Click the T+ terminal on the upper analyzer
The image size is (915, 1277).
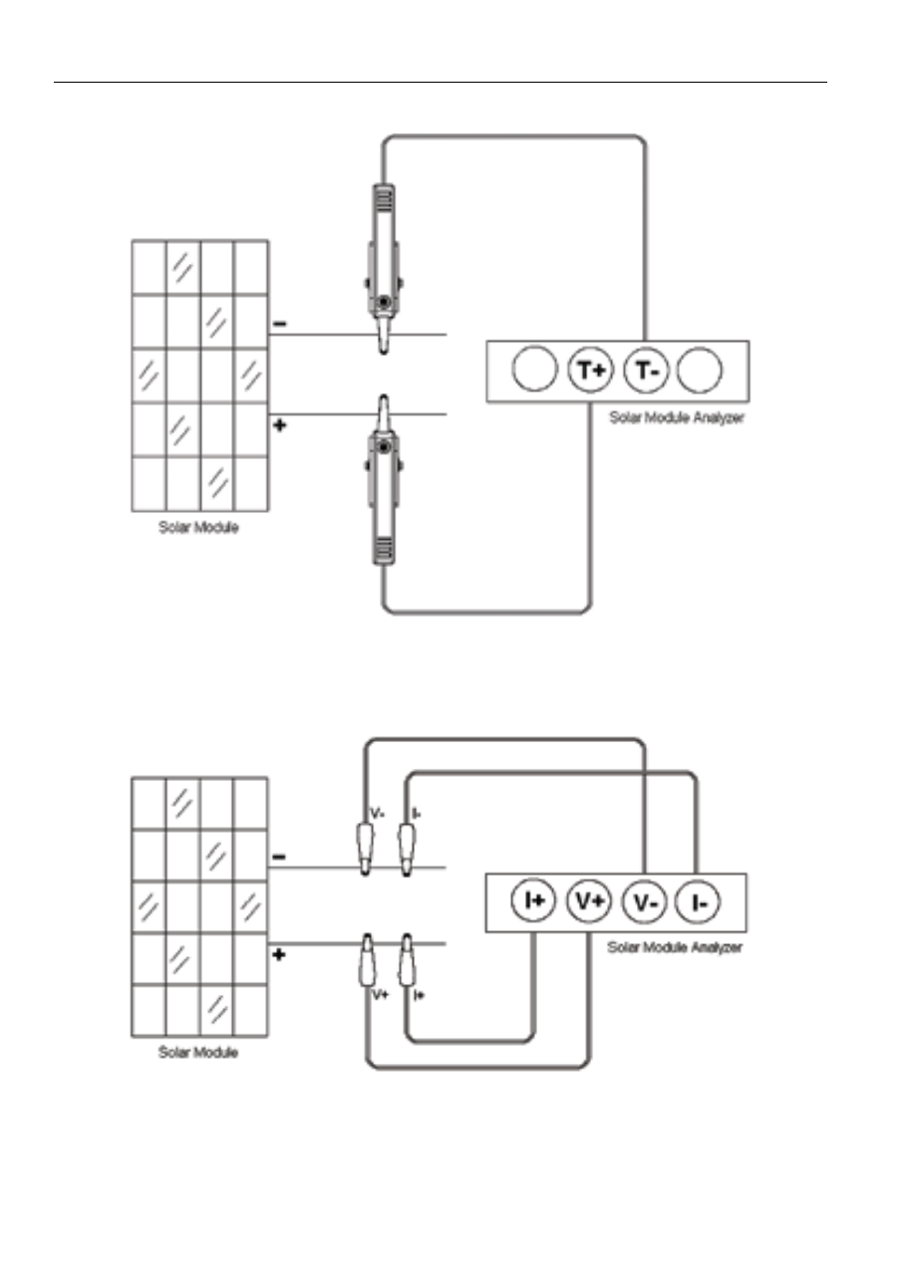tap(590, 370)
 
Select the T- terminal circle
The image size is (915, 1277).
tap(646, 370)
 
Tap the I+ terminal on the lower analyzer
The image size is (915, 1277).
tap(533, 900)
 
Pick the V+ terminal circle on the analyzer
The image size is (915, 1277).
tap(589, 900)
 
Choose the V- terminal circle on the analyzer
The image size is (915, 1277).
tap(644, 901)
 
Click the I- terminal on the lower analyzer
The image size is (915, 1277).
tap(698, 901)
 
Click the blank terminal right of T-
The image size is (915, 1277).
tap(700, 370)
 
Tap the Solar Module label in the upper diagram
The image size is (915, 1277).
tap(198, 527)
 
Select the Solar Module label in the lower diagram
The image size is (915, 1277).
tap(198, 1052)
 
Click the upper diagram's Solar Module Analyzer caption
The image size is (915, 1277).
tap(677, 418)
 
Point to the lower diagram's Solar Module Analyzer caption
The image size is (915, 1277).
tap(674, 947)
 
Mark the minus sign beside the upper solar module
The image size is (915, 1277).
tap(279, 324)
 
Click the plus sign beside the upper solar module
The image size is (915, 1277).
tap(279, 425)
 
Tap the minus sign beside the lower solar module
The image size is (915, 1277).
tap(278, 857)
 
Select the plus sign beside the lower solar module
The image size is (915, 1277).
tap(278, 955)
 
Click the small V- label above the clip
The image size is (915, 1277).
tap(377, 814)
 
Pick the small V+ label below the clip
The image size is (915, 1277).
tap(380, 995)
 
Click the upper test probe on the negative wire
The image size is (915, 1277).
tap(384, 268)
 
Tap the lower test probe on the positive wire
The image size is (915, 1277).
tap(384, 480)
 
